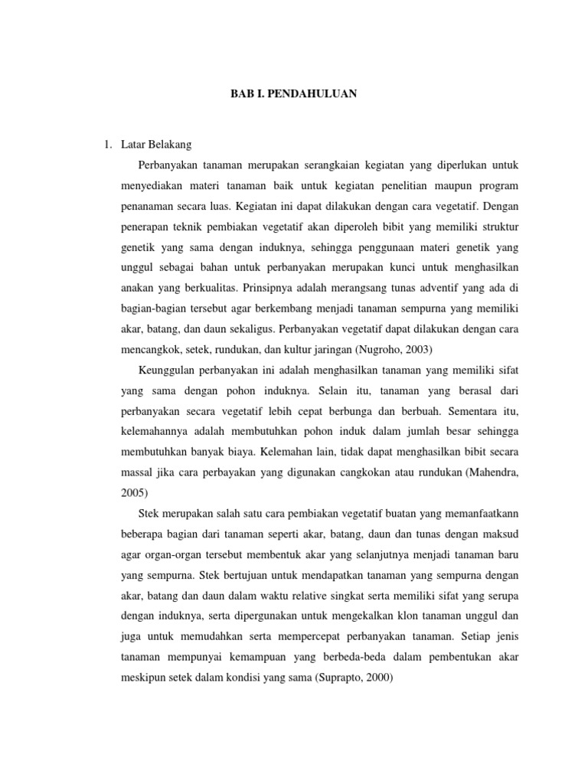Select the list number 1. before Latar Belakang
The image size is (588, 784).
[110, 143]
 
